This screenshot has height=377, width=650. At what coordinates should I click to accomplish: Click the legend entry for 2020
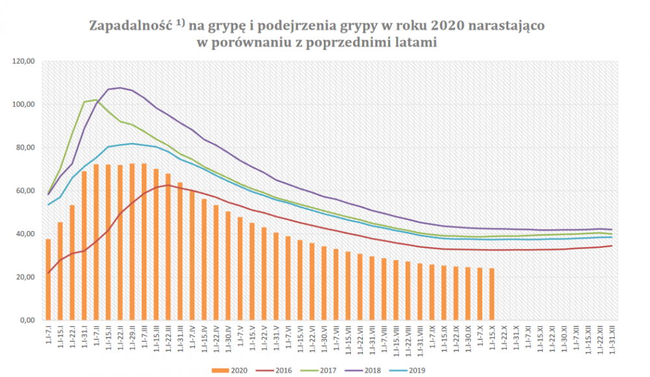click(x=231, y=371)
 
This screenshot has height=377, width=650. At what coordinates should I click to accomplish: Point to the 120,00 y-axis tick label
click(x=23, y=62)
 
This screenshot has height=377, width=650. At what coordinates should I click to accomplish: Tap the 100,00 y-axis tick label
click(x=23, y=104)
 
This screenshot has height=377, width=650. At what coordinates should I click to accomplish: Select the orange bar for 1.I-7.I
click(x=48, y=280)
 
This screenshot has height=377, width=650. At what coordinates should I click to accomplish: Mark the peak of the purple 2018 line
click(x=120, y=88)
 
